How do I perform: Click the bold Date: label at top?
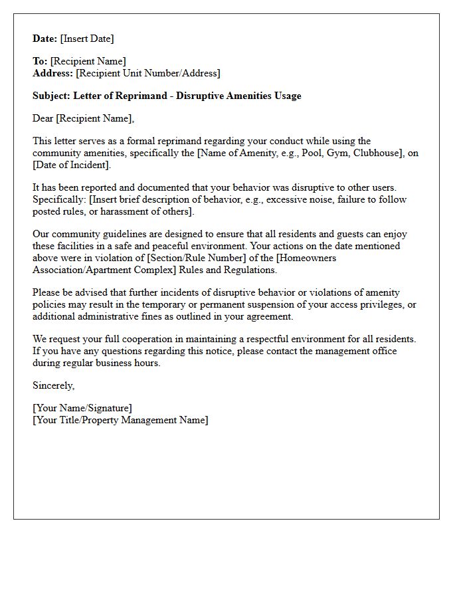coord(45,39)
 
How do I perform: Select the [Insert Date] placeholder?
coord(87,39)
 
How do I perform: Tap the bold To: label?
coord(40,62)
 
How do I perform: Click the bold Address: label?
coord(53,73)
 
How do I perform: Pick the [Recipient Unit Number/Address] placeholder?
coord(148,73)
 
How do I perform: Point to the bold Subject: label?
coord(52,96)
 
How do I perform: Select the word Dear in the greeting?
coord(43,118)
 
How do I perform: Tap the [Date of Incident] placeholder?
coord(72,165)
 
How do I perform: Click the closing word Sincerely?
coord(54,385)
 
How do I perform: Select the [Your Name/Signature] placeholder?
coord(82,408)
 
